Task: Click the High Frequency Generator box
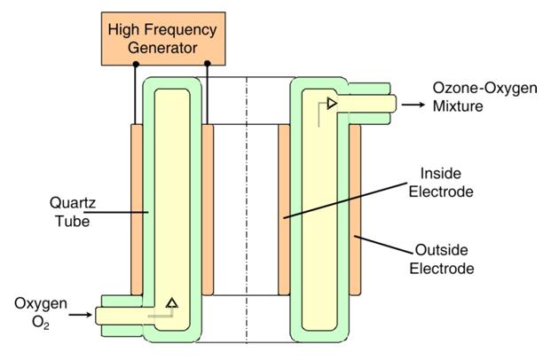pos(162,39)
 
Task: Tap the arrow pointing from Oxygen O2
pos(81,313)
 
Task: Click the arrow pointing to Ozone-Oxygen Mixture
pos(413,105)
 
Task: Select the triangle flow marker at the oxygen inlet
pos(172,303)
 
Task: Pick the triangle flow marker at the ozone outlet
pos(331,104)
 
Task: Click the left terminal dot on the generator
pos(135,63)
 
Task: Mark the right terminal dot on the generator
pos(207,63)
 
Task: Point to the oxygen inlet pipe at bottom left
pos(124,313)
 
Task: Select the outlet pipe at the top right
pos(373,105)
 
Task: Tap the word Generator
pos(162,47)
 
